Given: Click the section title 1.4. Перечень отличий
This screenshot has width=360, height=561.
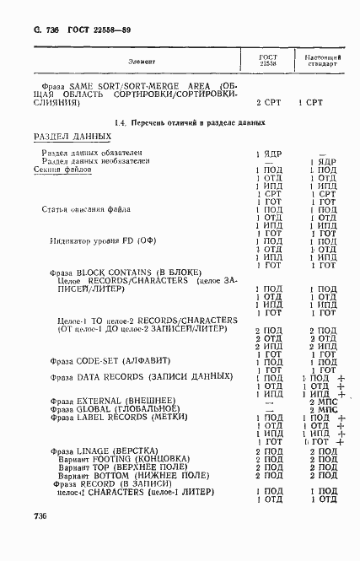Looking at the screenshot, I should (189, 122).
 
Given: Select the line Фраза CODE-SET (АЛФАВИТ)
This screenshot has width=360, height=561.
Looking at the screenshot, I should (108, 360).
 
